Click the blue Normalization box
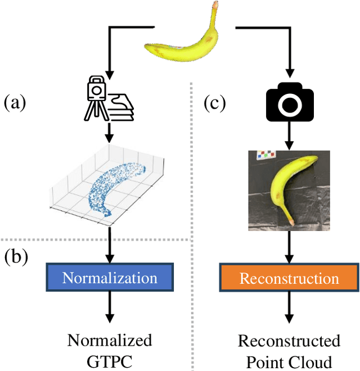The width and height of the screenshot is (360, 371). click(x=110, y=278)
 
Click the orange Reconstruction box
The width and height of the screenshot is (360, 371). click(x=289, y=278)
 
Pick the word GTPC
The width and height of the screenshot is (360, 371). click(x=110, y=359)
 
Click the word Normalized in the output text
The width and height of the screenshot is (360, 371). click(x=110, y=340)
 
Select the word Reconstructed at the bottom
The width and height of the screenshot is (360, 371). click(x=289, y=341)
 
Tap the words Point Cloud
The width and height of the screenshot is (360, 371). click(x=289, y=359)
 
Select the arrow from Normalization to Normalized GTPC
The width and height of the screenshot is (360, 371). click(x=110, y=309)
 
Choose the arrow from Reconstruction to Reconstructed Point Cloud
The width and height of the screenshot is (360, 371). click(x=289, y=310)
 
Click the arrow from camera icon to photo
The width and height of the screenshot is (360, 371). click(x=289, y=135)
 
